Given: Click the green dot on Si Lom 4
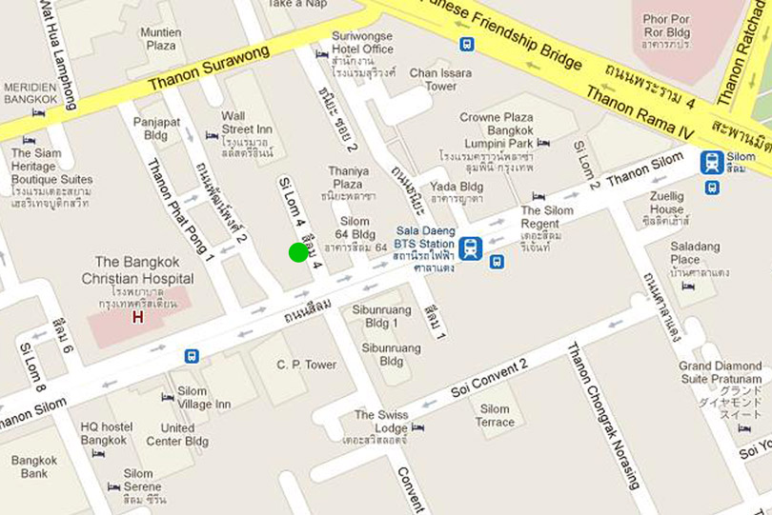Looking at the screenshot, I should [298, 252].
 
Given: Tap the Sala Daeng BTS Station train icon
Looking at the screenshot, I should [470, 248].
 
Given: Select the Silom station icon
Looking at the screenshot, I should [712, 162].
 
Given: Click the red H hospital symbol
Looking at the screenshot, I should [137, 317].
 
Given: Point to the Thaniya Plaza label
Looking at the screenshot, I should [348, 177].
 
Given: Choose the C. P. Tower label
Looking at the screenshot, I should [307, 365].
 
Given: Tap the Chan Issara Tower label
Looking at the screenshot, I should [440, 79].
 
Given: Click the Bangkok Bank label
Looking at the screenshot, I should [34, 466].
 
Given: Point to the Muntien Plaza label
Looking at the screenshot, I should [160, 38].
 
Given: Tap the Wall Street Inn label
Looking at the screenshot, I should [247, 123].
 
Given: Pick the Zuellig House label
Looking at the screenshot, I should [667, 203].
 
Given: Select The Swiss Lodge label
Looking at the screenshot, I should [380, 422].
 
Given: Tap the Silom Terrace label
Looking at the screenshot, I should [495, 415].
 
